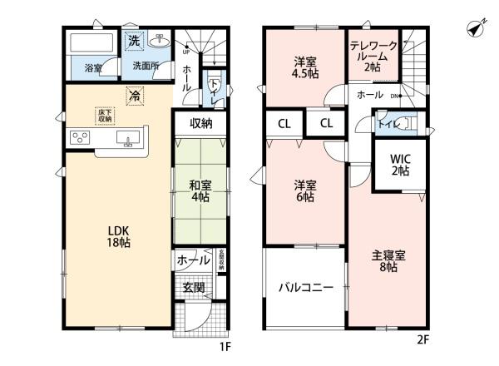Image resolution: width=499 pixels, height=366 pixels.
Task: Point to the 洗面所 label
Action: click(146, 66)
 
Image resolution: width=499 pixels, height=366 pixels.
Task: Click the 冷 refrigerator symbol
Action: click(132, 96)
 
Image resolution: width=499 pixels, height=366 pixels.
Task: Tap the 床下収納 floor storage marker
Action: click(104, 115)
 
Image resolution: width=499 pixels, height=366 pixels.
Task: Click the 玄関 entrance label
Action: click(193, 288)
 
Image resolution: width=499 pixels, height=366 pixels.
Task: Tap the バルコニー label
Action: click(305, 287)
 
